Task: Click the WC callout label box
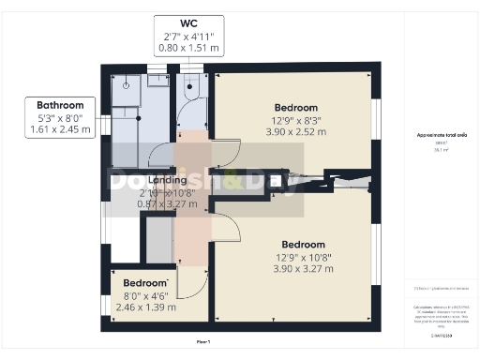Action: click(188, 36)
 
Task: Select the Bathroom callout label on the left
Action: click(61, 118)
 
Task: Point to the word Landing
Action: click(154, 180)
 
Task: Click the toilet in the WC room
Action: click(191, 90)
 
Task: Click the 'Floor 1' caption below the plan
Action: click(202, 341)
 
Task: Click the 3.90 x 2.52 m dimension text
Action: click(295, 132)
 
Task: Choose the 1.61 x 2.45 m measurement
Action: click(61, 130)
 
